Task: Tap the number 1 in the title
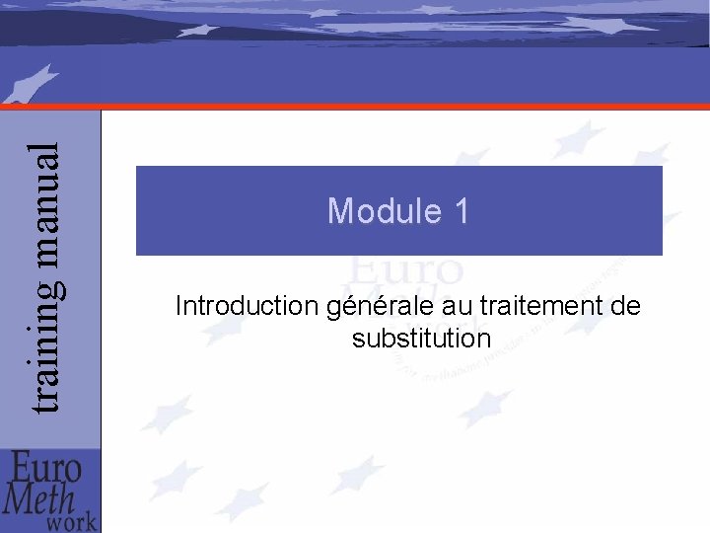pyautogui.click(x=460, y=211)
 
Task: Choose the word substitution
pyautogui.click(x=420, y=339)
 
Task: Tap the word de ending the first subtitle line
pyautogui.click(x=625, y=307)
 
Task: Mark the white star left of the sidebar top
pyautogui.click(x=30, y=85)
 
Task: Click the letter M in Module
pyautogui.click(x=340, y=211)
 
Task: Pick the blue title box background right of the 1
pyautogui.click(x=572, y=211)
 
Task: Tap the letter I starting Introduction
pyautogui.click(x=178, y=307)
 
